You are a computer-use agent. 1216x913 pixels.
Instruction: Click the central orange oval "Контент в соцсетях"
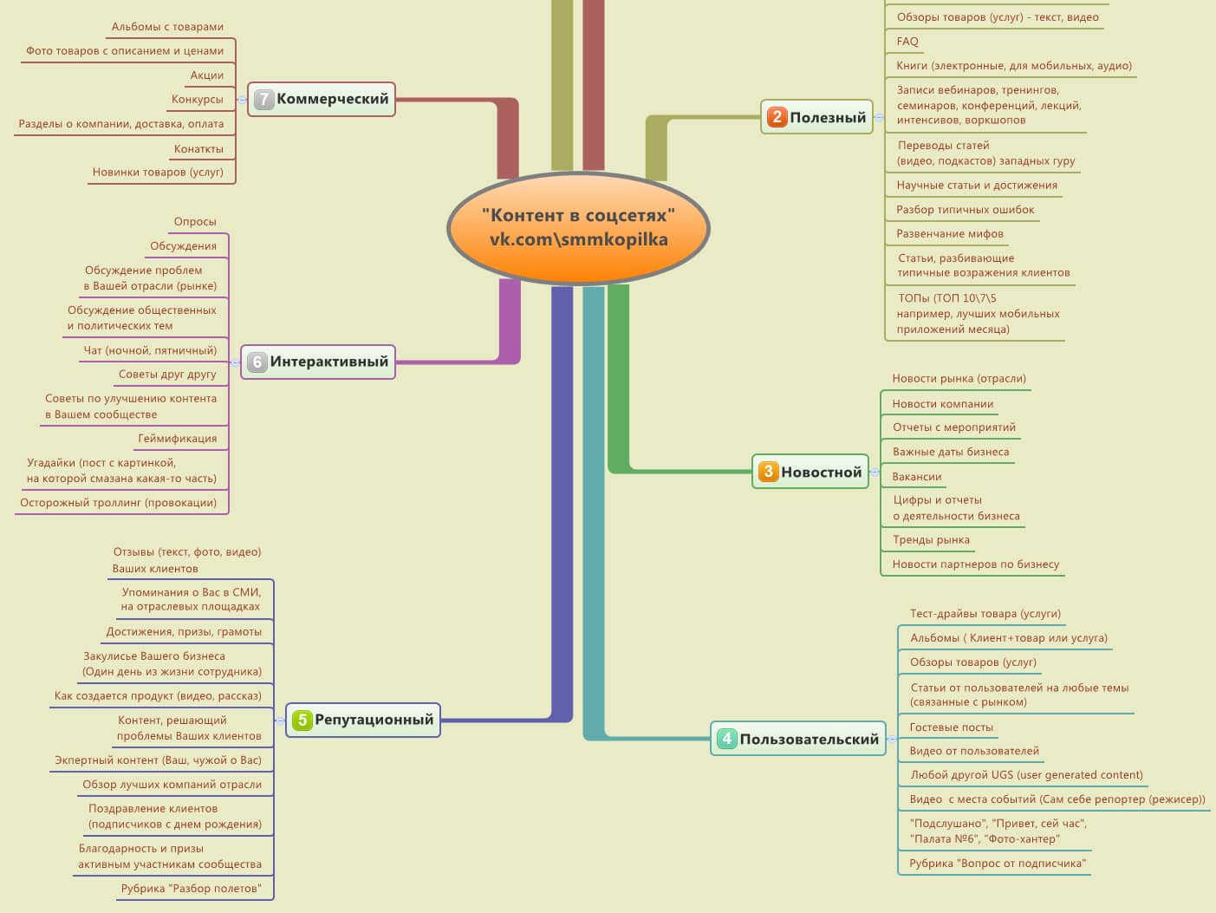[x=578, y=228]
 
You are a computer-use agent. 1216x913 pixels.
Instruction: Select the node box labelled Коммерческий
[x=322, y=99]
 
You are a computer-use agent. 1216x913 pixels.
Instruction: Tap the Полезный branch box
[x=816, y=117]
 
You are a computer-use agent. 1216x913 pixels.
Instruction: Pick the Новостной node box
[x=810, y=472]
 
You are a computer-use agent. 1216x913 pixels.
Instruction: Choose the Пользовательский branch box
[x=798, y=739]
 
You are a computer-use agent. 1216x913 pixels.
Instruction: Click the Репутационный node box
[x=362, y=720]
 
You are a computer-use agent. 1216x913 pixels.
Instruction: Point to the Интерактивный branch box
[x=317, y=362]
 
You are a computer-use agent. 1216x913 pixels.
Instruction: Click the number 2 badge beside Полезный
[x=777, y=117]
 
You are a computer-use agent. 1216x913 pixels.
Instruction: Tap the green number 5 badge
[x=302, y=720]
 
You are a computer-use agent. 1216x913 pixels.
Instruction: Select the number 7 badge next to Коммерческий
[x=263, y=99]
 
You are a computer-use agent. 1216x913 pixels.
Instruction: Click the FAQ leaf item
[x=907, y=42]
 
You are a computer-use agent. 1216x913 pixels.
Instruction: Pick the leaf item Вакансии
[x=916, y=477]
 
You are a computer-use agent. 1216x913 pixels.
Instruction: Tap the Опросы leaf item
[x=195, y=222]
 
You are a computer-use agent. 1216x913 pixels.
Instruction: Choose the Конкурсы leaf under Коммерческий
[x=197, y=100]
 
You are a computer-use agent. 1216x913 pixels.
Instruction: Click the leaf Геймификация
[x=178, y=439]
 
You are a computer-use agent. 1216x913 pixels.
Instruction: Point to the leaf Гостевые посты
[x=951, y=727]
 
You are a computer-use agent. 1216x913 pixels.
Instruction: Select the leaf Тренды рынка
[x=931, y=540]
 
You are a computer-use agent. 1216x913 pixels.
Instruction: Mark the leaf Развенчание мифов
[x=949, y=234]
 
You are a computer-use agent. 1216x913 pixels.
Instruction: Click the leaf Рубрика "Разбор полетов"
[x=191, y=889]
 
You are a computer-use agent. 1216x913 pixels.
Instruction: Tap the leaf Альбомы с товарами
[x=167, y=27]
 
